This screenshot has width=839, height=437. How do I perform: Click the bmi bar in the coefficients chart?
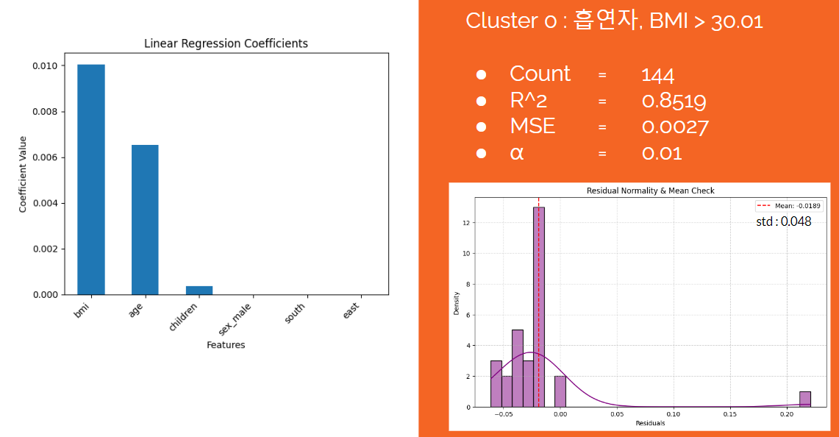pos(91,180)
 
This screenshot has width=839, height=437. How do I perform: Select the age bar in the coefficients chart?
pos(145,219)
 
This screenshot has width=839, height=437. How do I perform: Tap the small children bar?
pos(199,291)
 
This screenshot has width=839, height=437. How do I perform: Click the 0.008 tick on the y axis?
pos(46,111)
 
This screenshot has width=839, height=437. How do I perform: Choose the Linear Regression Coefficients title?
pos(226,43)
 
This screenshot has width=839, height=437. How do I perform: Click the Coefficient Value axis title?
pos(23,174)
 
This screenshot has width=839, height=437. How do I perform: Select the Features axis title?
pos(226,345)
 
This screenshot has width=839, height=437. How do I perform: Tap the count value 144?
pos(657,75)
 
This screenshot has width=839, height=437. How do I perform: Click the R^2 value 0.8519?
pos(674,102)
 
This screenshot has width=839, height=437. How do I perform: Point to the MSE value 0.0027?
pos(675,127)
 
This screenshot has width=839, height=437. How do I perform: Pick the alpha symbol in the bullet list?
pos(517,154)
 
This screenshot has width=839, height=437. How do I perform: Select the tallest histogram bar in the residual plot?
pos(539,307)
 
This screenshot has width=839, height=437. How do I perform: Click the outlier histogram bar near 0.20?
pos(805,399)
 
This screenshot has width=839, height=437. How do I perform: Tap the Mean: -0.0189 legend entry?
pos(788,206)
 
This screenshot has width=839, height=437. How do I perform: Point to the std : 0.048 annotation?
pos(783,221)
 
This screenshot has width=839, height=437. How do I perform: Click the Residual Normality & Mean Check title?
pos(651,191)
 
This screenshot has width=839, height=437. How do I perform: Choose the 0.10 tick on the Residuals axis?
pos(673,414)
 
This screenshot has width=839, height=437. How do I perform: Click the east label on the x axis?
pos(351,310)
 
